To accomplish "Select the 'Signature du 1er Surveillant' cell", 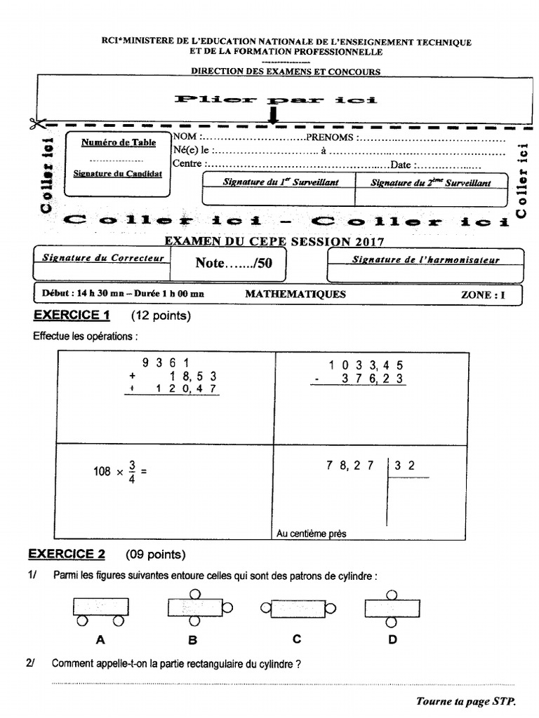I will (279, 188).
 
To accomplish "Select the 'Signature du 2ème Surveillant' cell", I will (430, 188).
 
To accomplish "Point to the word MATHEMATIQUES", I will (295, 294).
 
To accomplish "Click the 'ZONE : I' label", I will (482, 295).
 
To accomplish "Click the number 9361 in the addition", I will (166, 363).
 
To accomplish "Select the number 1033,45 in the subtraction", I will (366, 365).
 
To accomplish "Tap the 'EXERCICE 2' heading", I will (67, 555).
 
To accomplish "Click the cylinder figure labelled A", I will (100, 609).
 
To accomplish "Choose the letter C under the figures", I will (297, 639).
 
